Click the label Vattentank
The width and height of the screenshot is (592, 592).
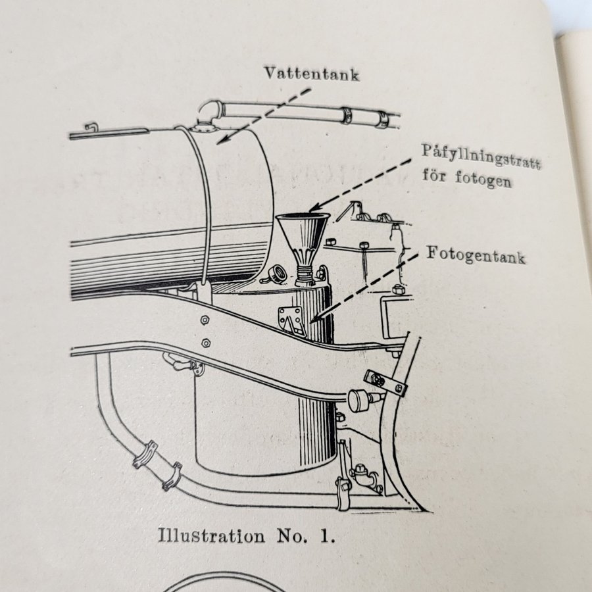[x=312, y=73]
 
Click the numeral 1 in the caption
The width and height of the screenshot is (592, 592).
[x=327, y=535]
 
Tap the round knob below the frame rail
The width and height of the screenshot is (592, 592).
[x=357, y=399]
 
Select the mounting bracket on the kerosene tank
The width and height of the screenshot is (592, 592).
[x=289, y=320]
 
